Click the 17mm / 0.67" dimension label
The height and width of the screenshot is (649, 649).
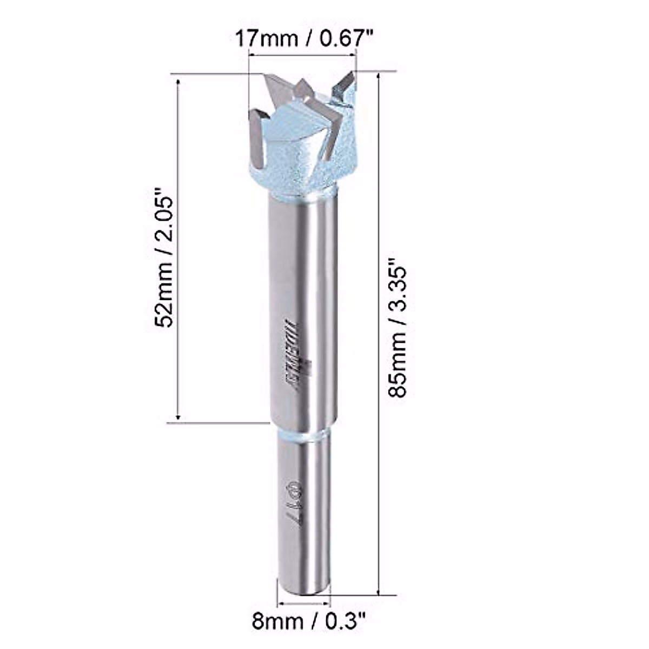(303, 39)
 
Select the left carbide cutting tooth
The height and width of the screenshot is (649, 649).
(256, 138)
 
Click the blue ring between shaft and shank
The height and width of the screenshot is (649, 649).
(301, 435)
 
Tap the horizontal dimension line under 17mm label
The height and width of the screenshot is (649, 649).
(303, 54)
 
